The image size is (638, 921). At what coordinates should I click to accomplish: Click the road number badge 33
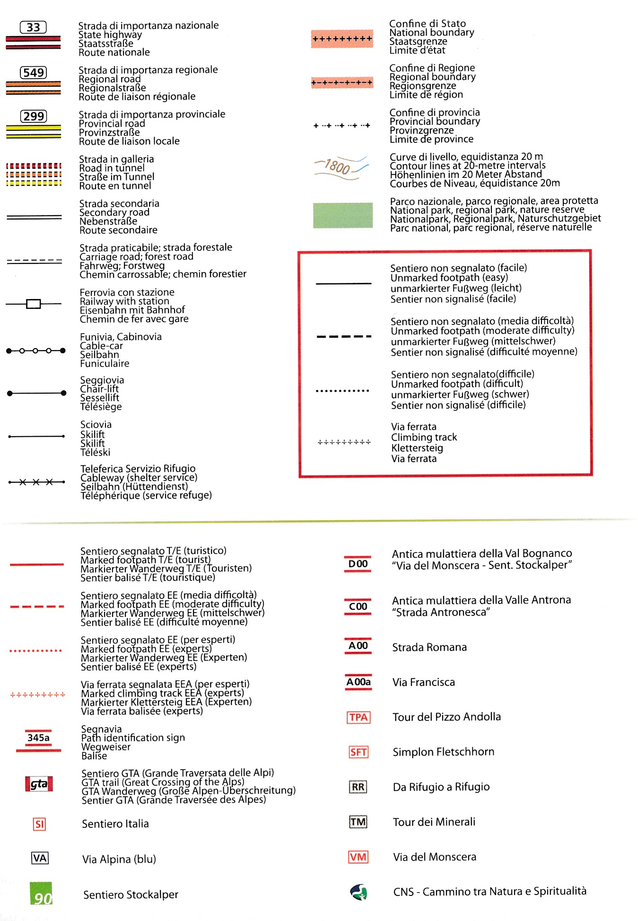point(33,27)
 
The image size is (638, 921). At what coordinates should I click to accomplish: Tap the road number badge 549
point(34,72)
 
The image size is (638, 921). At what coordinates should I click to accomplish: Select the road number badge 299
point(34,116)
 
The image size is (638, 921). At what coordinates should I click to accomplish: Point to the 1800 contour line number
point(338,167)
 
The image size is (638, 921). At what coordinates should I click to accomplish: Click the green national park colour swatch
point(343,215)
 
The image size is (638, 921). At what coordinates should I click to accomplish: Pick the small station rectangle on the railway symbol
point(34,304)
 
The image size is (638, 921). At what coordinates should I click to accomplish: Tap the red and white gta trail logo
point(39,784)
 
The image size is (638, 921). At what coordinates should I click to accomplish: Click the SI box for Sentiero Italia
point(39,825)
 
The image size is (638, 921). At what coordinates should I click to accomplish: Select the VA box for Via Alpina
point(40,858)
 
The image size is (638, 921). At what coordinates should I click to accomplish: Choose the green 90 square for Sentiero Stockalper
point(41,894)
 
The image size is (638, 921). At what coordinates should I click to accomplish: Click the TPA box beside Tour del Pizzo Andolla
point(358,717)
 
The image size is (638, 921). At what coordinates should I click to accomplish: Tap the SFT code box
point(358,752)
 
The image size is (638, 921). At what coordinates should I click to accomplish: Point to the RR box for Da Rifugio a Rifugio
point(358,787)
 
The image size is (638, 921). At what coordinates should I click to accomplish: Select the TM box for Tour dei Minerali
point(358,822)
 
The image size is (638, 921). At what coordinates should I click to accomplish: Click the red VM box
point(358,857)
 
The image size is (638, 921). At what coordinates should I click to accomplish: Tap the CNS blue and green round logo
point(358,892)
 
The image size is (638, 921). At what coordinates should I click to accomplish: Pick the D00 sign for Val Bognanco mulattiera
point(358,564)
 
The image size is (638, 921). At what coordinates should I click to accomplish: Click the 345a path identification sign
point(38,738)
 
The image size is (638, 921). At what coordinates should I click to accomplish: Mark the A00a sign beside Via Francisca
point(358,682)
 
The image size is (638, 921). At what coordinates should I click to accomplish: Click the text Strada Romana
point(429,647)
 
